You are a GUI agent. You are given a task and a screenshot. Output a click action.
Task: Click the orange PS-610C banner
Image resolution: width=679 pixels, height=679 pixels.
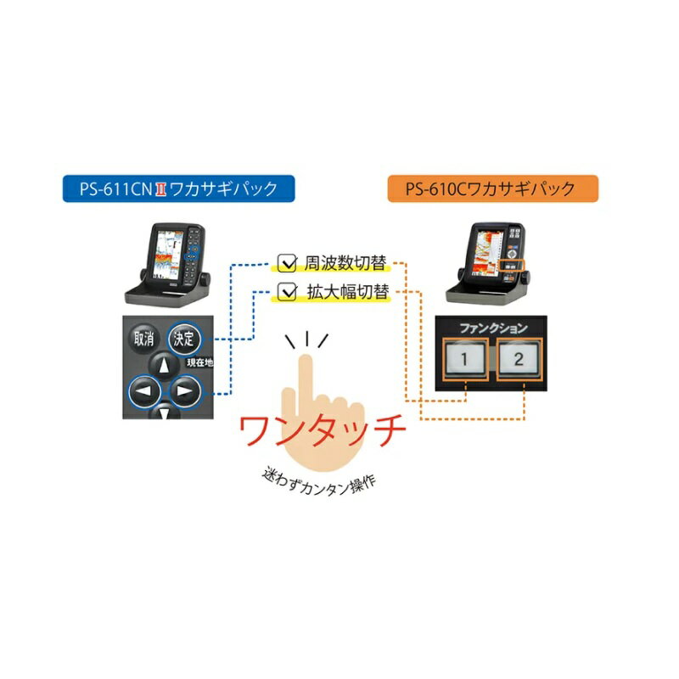tap(493, 188)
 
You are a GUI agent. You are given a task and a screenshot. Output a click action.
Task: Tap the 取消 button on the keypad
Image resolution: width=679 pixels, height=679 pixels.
tap(143, 338)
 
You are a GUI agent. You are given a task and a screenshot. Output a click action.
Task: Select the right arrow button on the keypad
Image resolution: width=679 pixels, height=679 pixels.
tap(184, 393)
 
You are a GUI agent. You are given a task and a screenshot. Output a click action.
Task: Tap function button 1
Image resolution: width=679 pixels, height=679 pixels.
tap(464, 360)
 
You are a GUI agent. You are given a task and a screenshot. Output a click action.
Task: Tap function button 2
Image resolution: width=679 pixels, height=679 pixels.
tap(519, 360)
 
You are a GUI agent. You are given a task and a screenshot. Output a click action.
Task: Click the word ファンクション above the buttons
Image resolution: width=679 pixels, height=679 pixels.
tap(492, 328)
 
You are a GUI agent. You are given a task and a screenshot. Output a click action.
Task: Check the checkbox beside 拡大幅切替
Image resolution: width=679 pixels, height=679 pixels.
tap(287, 294)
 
